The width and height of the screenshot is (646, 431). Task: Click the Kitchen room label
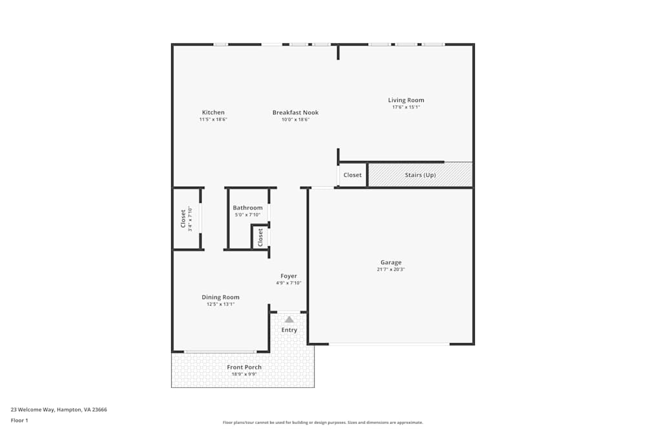coord(213,112)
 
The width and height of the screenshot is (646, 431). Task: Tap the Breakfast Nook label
coord(295,112)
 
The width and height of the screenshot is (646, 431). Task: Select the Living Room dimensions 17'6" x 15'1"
coord(406,107)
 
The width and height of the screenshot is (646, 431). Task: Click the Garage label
coord(391,262)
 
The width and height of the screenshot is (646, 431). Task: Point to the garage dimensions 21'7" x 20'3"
coord(391,269)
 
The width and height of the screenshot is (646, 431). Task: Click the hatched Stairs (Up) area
coord(420,175)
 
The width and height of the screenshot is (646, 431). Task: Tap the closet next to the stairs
coord(353,175)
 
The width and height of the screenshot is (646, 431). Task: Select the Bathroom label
coord(247,208)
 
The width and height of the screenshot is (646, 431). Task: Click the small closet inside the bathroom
coord(260,237)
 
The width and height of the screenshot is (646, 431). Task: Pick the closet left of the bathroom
coord(185,218)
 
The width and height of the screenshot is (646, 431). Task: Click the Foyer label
coord(289,276)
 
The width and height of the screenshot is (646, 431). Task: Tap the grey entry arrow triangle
coord(289,319)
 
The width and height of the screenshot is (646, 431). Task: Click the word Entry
coord(289,330)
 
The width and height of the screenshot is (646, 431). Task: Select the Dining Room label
coord(220,297)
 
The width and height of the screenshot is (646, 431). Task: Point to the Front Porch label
coord(244,367)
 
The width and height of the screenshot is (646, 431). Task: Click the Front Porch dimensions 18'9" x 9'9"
coord(244,374)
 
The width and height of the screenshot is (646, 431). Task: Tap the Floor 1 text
coord(19,420)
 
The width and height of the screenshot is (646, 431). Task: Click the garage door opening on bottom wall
coord(389,344)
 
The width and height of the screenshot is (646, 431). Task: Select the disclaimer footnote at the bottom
coord(323,423)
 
